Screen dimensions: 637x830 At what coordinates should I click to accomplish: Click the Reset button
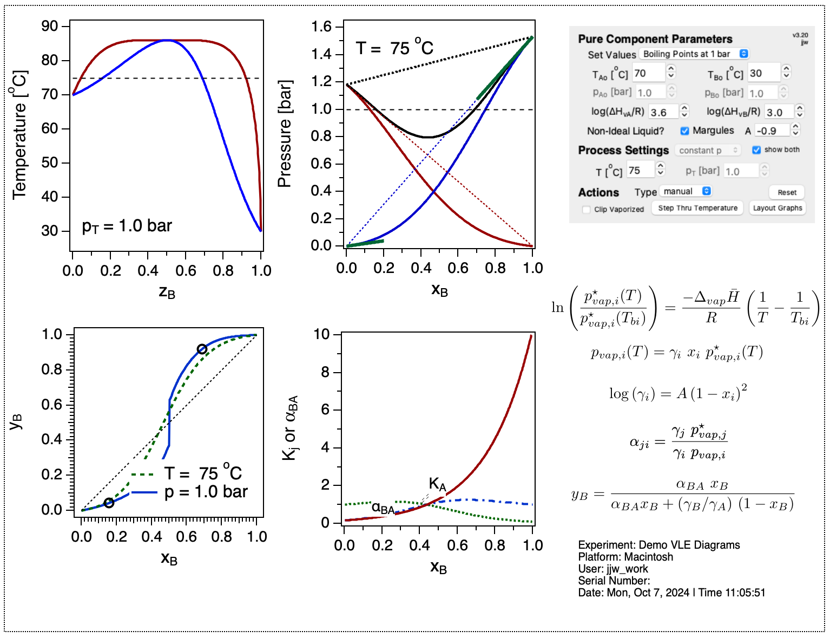(787, 192)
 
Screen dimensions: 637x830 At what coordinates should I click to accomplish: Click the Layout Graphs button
(778, 208)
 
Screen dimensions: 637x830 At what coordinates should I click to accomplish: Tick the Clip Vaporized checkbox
(586, 210)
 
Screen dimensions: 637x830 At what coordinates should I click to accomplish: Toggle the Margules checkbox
(684, 131)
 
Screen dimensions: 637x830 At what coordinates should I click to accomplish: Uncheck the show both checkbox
(756, 150)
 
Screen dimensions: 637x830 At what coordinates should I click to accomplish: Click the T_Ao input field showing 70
(648, 73)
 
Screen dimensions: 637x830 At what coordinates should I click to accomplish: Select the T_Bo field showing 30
(763, 73)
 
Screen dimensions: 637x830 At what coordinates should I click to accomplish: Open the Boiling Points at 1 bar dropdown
(694, 54)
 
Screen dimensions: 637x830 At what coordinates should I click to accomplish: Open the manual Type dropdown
(684, 191)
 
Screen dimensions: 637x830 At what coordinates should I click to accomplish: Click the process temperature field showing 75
(640, 171)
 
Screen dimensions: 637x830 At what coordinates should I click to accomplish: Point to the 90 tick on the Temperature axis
(50, 26)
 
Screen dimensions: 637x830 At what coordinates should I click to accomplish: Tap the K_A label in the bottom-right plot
(437, 484)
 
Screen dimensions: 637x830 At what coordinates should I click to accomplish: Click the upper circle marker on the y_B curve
(202, 349)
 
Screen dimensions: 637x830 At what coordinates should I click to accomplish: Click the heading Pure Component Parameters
(655, 39)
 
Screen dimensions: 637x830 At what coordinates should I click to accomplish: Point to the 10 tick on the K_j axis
(321, 334)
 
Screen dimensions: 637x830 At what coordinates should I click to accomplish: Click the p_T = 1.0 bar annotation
(127, 226)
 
